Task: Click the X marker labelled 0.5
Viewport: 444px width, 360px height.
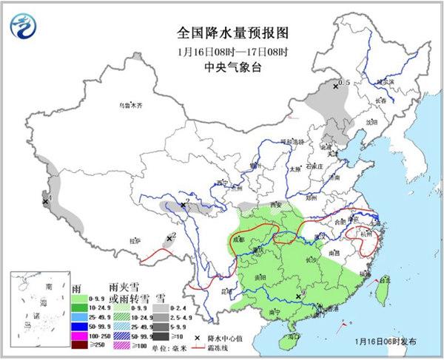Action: pos(336,86)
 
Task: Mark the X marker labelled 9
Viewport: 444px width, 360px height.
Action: pos(297,296)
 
